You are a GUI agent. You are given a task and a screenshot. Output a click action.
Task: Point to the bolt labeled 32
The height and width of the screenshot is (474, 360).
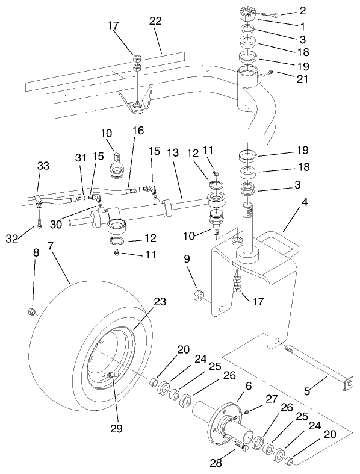coord(38,226)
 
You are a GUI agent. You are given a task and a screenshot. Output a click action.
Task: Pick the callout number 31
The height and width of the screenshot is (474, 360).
coord(80,175)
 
